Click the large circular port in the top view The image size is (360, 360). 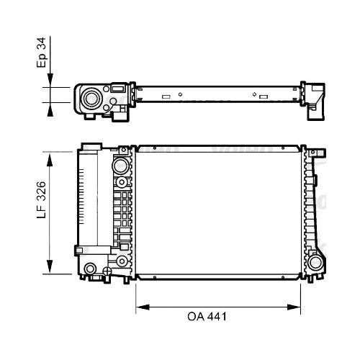91,98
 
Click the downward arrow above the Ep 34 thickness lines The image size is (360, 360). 48,80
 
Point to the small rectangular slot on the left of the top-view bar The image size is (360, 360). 166,96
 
